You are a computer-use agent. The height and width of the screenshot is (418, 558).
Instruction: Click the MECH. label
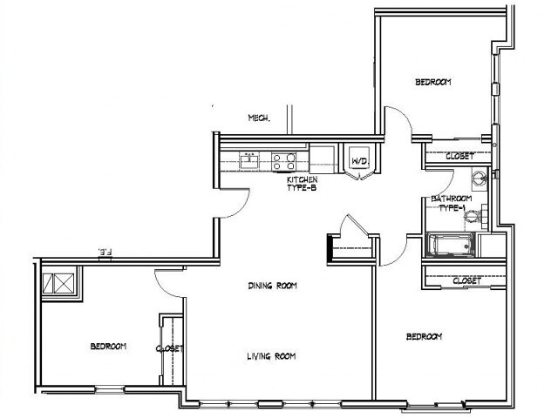pos(258,118)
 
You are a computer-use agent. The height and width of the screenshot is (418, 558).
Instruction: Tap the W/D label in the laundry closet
pos(358,162)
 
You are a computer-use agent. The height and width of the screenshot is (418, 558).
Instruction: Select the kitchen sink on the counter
pos(251,159)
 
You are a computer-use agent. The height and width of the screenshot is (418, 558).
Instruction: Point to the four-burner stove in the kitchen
pos(284,159)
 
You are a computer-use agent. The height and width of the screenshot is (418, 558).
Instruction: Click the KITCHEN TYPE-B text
pos(301,183)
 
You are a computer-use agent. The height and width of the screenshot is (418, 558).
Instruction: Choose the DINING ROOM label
pos(273,285)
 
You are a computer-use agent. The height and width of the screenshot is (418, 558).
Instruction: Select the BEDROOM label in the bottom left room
pos(108,347)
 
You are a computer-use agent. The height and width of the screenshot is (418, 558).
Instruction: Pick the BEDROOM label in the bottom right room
pos(424,336)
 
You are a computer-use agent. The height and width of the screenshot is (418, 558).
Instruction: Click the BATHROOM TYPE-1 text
pos(452,204)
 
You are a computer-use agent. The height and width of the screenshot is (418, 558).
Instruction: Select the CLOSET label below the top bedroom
pos(459,156)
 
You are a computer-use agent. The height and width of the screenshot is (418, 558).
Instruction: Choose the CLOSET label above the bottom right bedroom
pos(467,280)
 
